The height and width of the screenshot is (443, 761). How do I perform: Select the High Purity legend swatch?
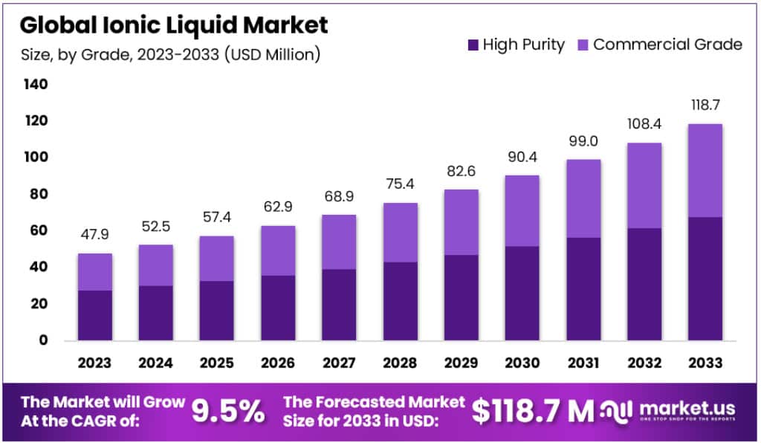pyautogui.click(x=473, y=45)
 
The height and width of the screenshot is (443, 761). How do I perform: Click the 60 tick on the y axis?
pyautogui.click(x=36, y=230)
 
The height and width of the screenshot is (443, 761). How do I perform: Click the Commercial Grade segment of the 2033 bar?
pyautogui.click(x=705, y=170)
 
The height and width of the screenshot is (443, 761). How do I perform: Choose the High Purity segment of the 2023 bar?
pyautogui.click(x=94, y=315)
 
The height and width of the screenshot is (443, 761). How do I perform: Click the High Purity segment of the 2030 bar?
pyautogui.click(x=521, y=294)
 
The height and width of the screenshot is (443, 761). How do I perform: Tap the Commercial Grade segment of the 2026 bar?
pyautogui.click(x=277, y=250)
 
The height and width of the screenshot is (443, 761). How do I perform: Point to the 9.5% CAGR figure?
pyautogui.click(x=228, y=410)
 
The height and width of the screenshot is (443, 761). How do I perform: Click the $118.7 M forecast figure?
pyautogui.click(x=533, y=410)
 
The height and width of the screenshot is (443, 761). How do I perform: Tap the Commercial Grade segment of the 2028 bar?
pyautogui.click(x=399, y=232)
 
